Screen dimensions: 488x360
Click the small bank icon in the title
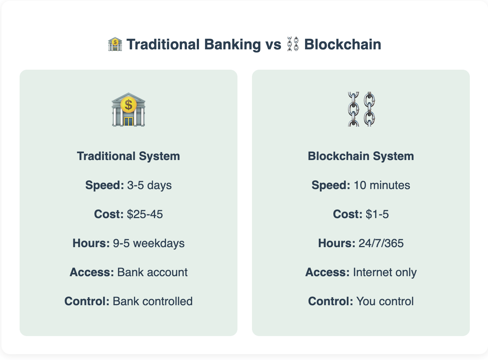(115, 44)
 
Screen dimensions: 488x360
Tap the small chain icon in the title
(293, 44)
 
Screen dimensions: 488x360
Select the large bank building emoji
(129, 109)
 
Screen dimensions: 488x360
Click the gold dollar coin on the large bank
(129, 105)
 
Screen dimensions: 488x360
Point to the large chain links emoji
(361, 109)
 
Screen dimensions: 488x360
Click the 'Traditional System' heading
(129, 156)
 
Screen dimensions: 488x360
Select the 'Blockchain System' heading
(361, 156)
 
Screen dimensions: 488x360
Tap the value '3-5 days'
(149, 185)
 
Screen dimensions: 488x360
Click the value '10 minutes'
(382, 185)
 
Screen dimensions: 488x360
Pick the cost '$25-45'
(145, 214)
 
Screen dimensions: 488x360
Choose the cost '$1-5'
(377, 214)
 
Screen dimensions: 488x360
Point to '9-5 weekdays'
(149, 243)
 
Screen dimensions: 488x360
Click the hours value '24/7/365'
(381, 243)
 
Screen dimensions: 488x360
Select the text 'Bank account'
(152, 272)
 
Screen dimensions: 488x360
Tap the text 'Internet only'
(385, 273)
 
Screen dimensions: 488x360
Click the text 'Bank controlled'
(153, 301)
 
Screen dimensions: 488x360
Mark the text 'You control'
(385, 301)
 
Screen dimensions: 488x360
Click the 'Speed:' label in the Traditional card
(105, 185)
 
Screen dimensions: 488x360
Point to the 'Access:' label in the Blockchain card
(328, 272)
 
